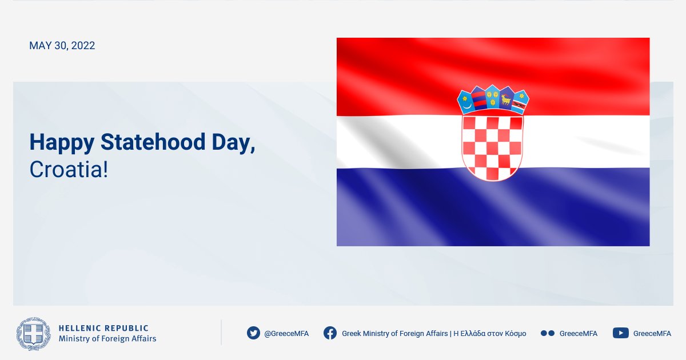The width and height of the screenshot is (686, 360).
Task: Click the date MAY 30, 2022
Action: pos(62,46)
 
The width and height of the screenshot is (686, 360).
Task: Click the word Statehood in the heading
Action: pos(153,142)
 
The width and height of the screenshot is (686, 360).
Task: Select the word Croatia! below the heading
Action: pos(69,169)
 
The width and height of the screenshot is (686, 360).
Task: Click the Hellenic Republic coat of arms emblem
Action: pos(33,334)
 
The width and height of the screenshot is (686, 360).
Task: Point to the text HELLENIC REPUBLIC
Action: pos(103,328)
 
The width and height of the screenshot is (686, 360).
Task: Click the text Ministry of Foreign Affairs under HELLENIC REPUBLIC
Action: pos(107,338)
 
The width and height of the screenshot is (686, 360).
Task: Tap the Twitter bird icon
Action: pos(253,333)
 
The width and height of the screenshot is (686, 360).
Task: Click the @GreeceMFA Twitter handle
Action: pos(286,333)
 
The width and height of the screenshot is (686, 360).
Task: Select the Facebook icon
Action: pos(330,333)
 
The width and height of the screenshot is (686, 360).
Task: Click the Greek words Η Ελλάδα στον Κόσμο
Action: pos(490,333)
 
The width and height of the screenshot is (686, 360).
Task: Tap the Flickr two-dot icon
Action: pos(548,333)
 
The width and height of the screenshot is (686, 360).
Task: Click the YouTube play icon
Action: pos(621,333)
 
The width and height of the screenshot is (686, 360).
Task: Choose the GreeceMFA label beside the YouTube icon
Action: pos(652,333)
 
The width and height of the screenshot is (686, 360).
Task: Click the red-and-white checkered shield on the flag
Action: pos(492,147)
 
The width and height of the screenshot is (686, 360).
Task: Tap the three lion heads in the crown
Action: pos(492,97)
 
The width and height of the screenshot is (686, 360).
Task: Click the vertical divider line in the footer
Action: pos(221,333)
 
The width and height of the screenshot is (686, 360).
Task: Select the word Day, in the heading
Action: pos(233,143)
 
